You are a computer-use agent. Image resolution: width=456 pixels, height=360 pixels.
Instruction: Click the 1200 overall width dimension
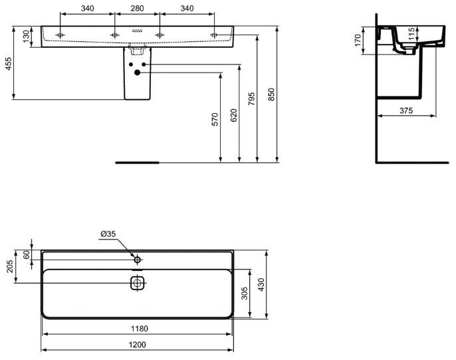(x=137, y=345)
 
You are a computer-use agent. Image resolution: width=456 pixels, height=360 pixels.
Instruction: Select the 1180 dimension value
(x=140, y=329)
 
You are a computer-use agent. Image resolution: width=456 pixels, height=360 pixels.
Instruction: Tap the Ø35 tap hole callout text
(x=108, y=234)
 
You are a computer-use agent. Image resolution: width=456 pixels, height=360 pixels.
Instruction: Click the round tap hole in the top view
(x=137, y=260)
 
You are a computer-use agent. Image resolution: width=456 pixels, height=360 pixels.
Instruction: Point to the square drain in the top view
(x=137, y=283)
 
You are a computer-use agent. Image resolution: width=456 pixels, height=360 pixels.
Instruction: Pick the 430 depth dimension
(x=261, y=285)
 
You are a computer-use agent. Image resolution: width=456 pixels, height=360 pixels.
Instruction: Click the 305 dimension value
(x=245, y=293)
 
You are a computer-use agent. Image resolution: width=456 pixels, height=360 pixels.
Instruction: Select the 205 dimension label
(x=10, y=266)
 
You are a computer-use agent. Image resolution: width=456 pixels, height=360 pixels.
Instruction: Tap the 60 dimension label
(x=26, y=255)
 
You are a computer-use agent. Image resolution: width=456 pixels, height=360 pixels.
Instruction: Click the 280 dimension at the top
(x=137, y=8)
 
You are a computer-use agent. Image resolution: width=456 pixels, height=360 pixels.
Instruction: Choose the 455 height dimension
(x=9, y=63)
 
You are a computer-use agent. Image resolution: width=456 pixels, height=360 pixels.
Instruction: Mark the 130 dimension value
(x=26, y=37)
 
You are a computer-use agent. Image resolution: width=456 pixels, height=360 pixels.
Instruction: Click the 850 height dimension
(x=271, y=94)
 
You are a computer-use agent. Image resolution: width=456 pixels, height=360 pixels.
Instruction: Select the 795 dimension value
(x=252, y=98)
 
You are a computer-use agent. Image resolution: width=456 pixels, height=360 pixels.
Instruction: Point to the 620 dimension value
(x=233, y=115)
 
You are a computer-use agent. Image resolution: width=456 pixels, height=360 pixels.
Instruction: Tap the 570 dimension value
(x=215, y=119)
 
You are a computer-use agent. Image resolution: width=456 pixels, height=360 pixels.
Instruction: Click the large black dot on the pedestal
(x=137, y=73)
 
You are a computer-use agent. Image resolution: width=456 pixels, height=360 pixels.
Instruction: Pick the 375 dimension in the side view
(x=406, y=110)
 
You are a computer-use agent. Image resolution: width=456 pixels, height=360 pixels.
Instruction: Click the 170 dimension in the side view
(x=358, y=40)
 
